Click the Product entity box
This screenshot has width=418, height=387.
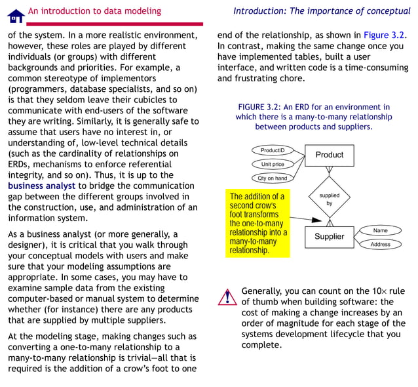329,155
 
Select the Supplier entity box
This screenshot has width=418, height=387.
329,237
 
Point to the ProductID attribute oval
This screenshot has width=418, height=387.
273,150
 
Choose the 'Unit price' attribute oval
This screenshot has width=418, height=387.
273,164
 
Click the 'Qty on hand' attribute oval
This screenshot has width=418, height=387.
272,178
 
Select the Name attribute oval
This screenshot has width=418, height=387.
380,230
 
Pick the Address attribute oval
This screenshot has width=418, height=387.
380,244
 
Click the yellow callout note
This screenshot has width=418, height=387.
257,223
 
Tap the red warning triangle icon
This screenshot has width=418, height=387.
227,297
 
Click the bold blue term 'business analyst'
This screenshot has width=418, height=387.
42,186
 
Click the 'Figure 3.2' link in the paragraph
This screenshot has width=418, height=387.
385,35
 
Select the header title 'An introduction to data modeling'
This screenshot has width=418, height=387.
94,10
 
